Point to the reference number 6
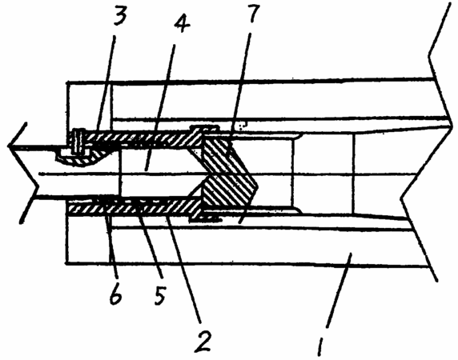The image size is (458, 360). (115, 294)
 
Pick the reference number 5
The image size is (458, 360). (160, 295)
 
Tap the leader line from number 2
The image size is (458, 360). (183, 269)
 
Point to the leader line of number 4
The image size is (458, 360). (160, 107)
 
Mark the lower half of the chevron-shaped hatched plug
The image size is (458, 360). (227, 194)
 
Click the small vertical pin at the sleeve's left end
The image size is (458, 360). (78, 141)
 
